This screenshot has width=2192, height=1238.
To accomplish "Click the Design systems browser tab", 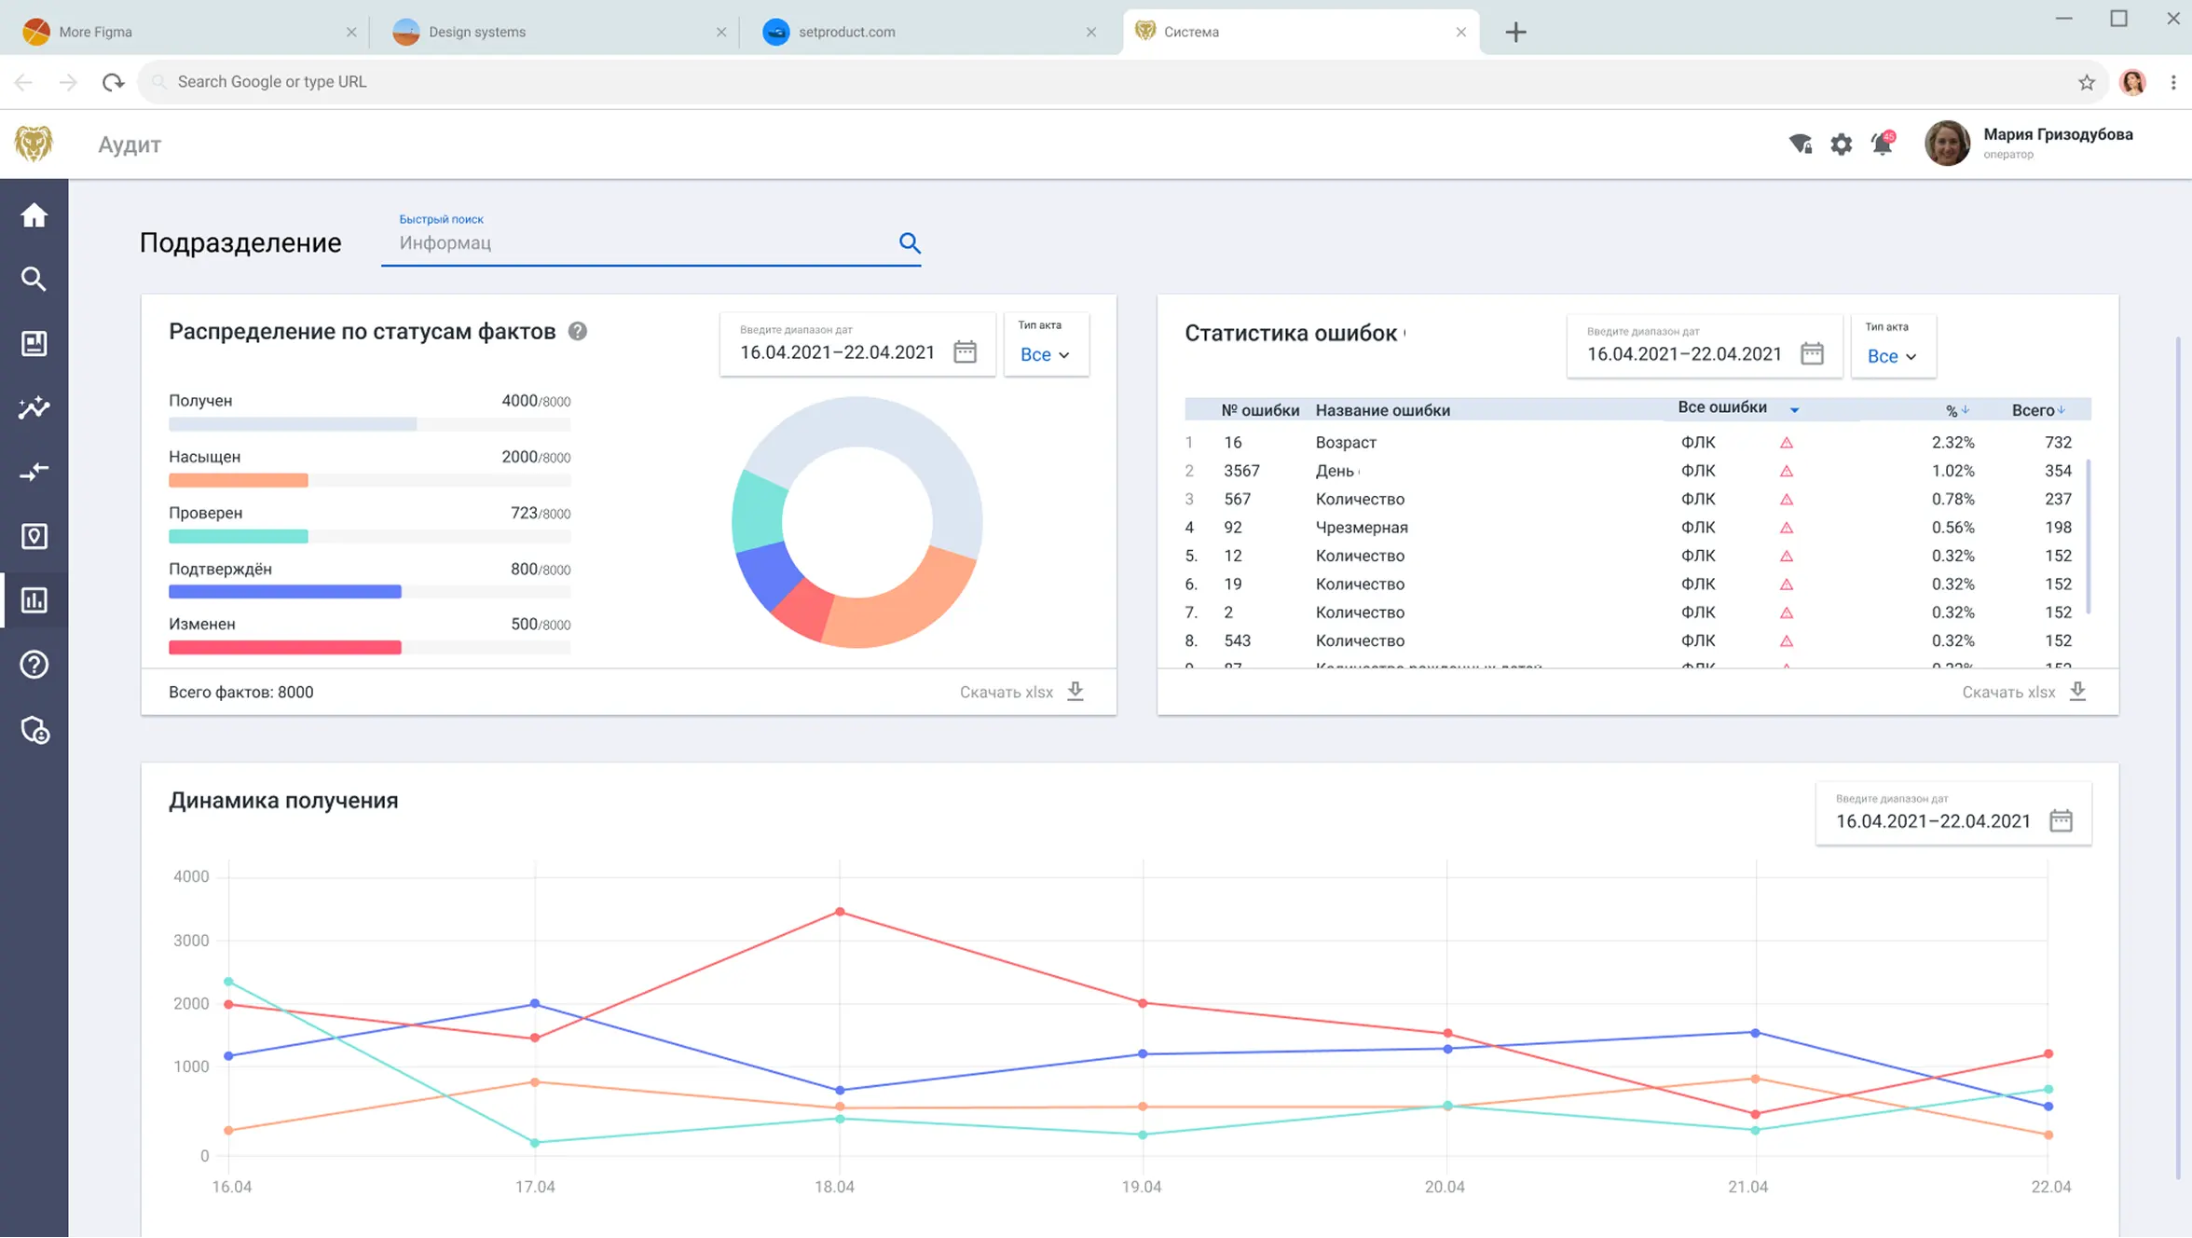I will (x=477, y=32).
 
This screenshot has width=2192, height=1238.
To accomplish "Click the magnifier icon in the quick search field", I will (x=910, y=243).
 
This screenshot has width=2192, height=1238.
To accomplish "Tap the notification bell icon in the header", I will (x=1882, y=144).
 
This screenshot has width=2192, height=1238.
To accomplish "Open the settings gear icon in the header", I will (x=1841, y=144).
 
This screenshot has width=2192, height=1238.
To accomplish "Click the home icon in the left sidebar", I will (x=34, y=215).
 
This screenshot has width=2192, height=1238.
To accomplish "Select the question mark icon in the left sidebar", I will (x=34, y=665).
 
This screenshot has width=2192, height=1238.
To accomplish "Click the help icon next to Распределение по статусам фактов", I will (x=578, y=332).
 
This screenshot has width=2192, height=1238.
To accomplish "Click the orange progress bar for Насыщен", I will (x=238, y=480).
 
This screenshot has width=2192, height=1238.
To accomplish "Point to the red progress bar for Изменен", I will (x=284, y=647).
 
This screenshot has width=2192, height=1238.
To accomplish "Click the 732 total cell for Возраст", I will (x=2058, y=443).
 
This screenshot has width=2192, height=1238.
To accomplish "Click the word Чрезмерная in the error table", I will (x=1362, y=528).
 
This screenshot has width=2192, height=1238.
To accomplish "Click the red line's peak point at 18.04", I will (x=840, y=912).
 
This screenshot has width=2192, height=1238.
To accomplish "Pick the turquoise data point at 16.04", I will (x=228, y=982).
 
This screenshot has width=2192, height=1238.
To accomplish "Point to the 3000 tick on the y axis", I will (x=191, y=941).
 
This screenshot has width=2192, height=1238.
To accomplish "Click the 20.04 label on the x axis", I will (x=1445, y=1187).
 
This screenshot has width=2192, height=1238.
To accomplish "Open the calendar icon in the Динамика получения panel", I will (x=2061, y=820).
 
